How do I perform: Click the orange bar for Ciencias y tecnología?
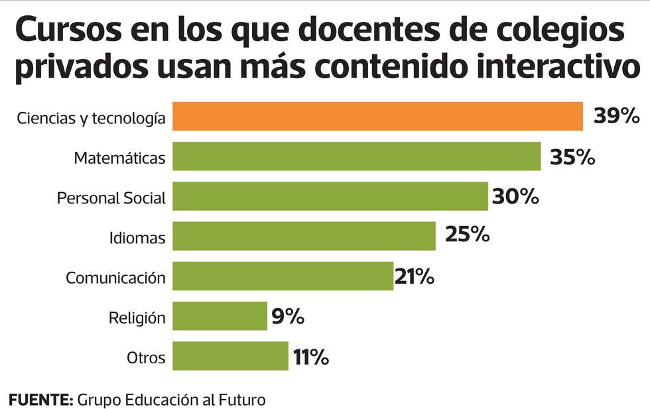click(x=377, y=117)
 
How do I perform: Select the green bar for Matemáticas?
click(x=357, y=156)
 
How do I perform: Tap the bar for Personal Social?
click(x=330, y=196)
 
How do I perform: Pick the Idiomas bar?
click(x=304, y=236)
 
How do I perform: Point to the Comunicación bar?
click(x=283, y=276)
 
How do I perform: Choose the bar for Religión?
click(x=220, y=316)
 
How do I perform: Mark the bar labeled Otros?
click(x=230, y=356)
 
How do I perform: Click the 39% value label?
click(x=616, y=117)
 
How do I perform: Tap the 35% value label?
click(x=572, y=158)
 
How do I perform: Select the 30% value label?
click(x=515, y=197)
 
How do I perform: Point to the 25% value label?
click(x=467, y=235)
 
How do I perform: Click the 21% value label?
click(x=415, y=276)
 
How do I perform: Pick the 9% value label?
click(x=288, y=317)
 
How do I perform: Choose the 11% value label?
click(x=311, y=358)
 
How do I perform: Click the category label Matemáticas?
click(x=119, y=158)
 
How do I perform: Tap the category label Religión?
click(x=137, y=318)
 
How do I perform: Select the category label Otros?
click(x=146, y=359)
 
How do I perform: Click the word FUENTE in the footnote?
click(x=40, y=400)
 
